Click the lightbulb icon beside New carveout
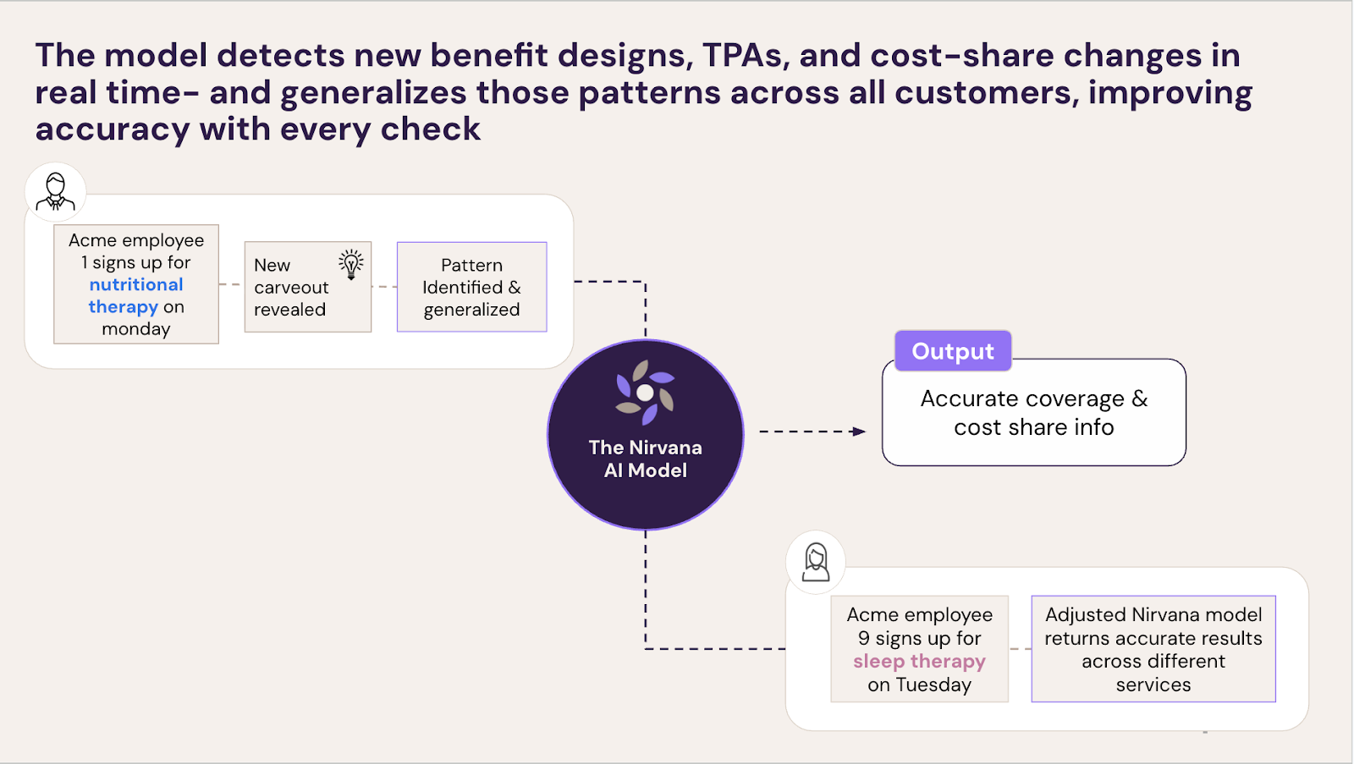pyautogui.click(x=351, y=263)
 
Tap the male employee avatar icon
pyautogui.click(x=56, y=192)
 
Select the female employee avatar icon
pyautogui.click(x=816, y=562)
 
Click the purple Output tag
pyautogui.click(x=953, y=351)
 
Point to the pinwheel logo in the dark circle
pyautogui.click(x=645, y=393)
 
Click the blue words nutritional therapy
pyautogui.click(x=135, y=295)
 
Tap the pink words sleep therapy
pyautogui.click(x=919, y=661)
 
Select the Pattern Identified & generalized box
pyautogui.click(x=471, y=287)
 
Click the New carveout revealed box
pyautogui.click(x=307, y=287)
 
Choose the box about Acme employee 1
pyautogui.click(x=136, y=284)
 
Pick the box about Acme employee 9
pyautogui.click(x=919, y=649)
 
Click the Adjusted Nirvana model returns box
pyautogui.click(x=1153, y=649)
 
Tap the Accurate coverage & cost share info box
pyautogui.click(x=1033, y=413)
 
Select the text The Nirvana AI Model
pyautogui.click(x=645, y=459)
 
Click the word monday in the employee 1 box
pyautogui.click(x=136, y=329)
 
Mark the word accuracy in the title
pyautogui.click(x=113, y=129)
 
